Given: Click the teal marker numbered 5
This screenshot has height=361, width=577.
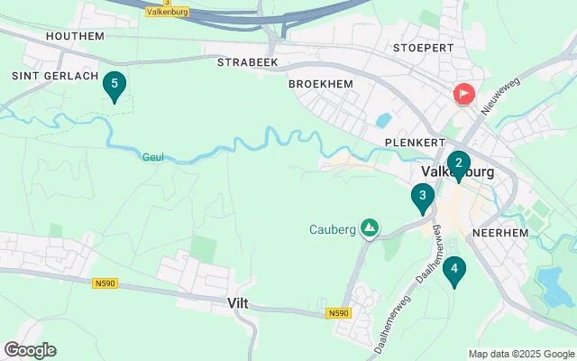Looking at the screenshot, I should pyautogui.click(x=114, y=86).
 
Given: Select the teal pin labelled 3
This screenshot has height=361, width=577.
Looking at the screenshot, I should pyautogui.click(x=422, y=197).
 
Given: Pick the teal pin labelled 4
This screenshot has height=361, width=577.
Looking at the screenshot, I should pyautogui.click(x=454, y=269).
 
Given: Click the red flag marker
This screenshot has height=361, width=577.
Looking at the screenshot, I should pyautogui.click(x=464, y=93).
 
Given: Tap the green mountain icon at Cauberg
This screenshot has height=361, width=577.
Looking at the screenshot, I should pyautogui.click(x=369, y=228).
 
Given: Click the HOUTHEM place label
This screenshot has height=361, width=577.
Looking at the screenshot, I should pyautogui.click(x=76, y=36).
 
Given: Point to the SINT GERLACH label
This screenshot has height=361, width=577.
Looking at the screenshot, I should pyautogui.click(x=54, y=76).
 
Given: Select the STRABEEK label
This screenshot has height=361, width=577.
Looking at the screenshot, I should pyautogui.click(x=247, y=62).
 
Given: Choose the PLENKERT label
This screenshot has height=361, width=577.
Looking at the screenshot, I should pyautogui.click(x=411, y=143).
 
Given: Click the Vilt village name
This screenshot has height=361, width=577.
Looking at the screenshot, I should pyautogui.click(x=240, y=306).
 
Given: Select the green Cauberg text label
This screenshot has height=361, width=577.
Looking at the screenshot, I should pyautogui.click(x=334, y=228).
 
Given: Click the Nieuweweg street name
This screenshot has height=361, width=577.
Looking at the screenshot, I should pyautogui.click(x=501, y=95).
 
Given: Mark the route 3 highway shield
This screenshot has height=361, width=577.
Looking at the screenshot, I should pyautogui.click(x=142, y=3).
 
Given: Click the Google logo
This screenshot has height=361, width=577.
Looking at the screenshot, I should pyautogui.click(x=30, y=350).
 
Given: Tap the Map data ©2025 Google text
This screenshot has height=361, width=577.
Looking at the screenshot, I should pyautogui.click(x=520, y=354).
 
